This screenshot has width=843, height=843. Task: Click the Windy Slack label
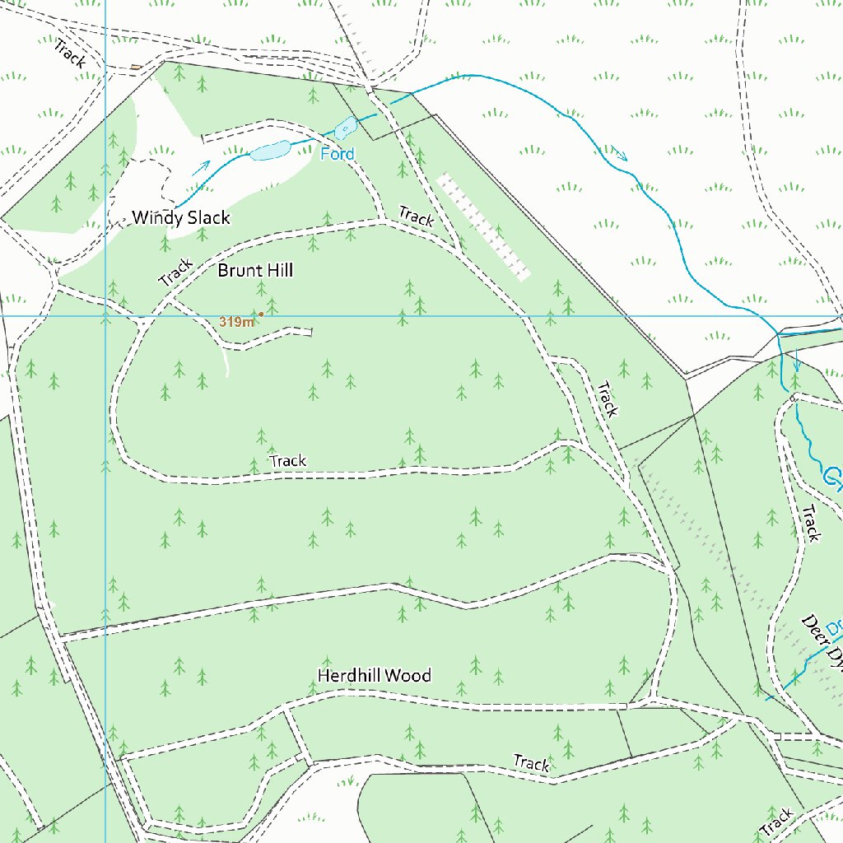coord(181,218)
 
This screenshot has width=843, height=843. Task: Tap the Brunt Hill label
coord(255,270)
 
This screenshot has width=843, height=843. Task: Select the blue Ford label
coord(338,154)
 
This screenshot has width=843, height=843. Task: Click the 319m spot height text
coord(236,322)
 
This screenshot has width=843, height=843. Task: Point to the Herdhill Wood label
coord(375,675)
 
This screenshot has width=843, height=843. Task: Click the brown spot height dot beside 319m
coord(261,314)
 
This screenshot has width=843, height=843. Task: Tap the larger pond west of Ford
coord(270,151)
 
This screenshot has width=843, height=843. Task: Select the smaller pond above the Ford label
coord(345,127)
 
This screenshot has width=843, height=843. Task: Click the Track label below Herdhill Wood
coord(531,764)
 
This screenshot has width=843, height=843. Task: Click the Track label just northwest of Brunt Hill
coord(175,272)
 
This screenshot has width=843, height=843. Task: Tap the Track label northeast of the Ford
coord(417,217)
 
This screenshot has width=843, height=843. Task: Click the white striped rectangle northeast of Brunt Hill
coord(483,226)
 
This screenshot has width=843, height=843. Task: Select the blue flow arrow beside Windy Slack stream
coord(202,167)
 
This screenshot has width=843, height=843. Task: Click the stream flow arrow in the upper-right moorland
coord(619,153)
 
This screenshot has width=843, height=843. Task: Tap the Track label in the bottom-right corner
coord(778,821)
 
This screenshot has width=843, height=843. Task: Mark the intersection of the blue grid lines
coord(105,315)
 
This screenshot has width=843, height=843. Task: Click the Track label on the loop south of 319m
coord(288,461)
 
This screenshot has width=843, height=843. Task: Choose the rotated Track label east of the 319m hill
coord(608,399)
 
